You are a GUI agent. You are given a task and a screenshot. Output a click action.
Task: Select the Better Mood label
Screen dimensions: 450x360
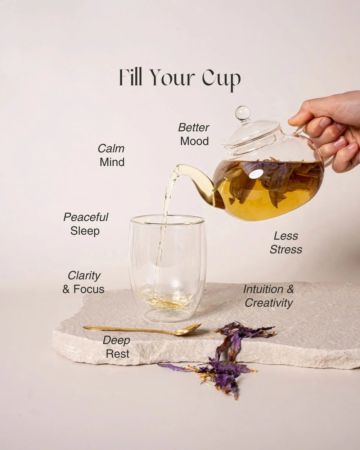pyautogui.click(x=194, y=134)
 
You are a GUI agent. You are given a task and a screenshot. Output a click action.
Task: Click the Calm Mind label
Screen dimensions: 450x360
pyautogui.click(x=112, y=155)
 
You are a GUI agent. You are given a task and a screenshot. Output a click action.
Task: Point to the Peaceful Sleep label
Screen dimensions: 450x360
pyautogui.click(x=86, y=224)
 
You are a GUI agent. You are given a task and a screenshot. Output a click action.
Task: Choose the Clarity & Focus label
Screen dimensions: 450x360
pyautogui.click(x=84, y=282)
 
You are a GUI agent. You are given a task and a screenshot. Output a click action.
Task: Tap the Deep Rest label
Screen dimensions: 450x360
pyautogui.click(x=116, y=347)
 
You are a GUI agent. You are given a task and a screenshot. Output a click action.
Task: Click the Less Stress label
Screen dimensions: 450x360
pyautogui.click(x=286, y=243)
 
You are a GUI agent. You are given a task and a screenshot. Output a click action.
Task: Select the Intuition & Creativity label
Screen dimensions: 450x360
pyautogui.click(x=269, y=296)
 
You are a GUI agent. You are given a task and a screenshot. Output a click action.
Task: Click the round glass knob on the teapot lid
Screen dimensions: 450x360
pyautogui.click(x=242, y=113)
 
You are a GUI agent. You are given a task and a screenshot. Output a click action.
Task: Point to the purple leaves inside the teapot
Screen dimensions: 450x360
pyautogui.click(x=274, y=180)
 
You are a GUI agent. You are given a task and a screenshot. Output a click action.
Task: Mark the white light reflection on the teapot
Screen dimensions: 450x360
pyautogui.click(x=256, y=174)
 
